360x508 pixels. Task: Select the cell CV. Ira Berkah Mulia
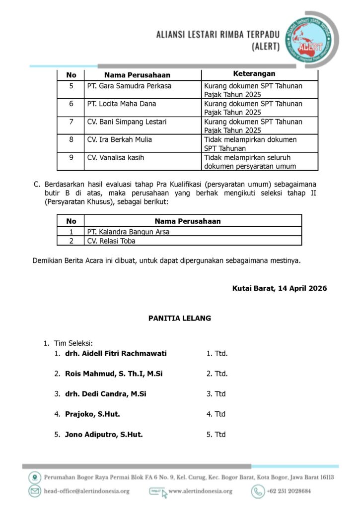[120, 139]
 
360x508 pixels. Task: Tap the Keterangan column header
[254, 74]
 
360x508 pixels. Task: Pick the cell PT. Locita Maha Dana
[122, 104]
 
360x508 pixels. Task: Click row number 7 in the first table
[72, 122]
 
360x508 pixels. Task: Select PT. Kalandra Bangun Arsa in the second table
[128, 231]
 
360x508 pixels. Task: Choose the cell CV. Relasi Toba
[111, 241]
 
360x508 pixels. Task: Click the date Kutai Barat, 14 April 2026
[280, 288]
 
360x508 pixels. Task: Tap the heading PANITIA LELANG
[180, 318]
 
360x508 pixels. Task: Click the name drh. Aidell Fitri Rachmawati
[116, 354]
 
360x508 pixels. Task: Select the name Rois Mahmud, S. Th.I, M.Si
[114, 374]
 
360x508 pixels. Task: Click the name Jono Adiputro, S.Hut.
[104, 434]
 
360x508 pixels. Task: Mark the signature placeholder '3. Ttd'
[216, 394]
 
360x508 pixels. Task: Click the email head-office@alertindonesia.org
[86, 491]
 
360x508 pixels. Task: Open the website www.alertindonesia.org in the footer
[200, 491]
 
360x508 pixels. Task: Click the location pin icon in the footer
[35, 477]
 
